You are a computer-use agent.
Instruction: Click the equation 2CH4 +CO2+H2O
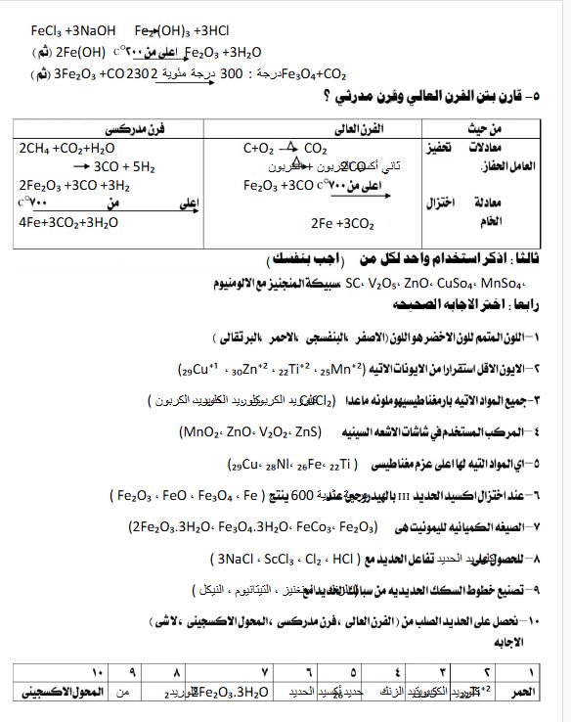pyautogui.click(x=66, y=149)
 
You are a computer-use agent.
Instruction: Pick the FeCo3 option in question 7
pyautogui.click(x=312, y=527)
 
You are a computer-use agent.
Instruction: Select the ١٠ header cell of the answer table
pyautogui.click(x=95, y=672)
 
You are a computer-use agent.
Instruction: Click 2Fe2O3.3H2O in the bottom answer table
pyautogui.click(x=230, y=693)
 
